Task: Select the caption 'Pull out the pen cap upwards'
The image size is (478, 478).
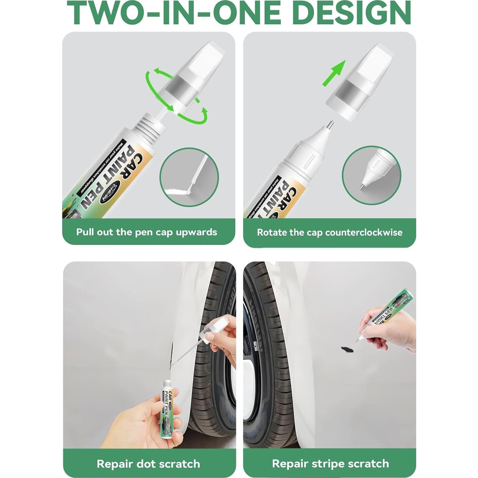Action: [146, 232]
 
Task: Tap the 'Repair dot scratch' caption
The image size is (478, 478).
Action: [148, 464]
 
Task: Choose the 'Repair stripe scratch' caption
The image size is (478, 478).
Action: [330, 464]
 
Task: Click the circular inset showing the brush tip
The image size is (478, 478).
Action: [189, 177]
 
